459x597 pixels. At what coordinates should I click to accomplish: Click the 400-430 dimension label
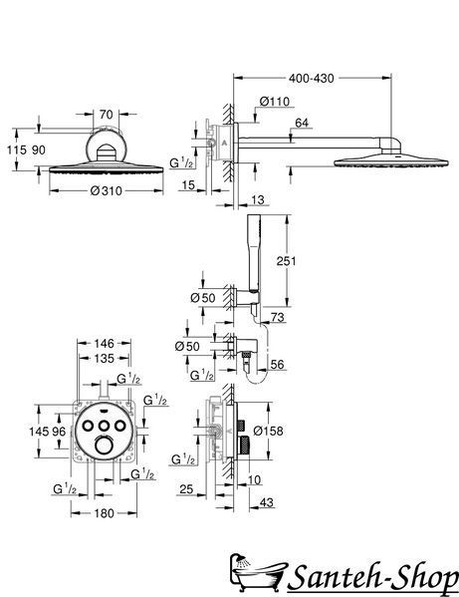click(x=311, y=79)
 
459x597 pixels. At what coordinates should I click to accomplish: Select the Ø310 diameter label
click(x=107, y=190)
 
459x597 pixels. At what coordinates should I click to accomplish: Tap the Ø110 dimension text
click(x=275, y=102)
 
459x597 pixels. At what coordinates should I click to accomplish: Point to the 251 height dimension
click(x=286, y=261)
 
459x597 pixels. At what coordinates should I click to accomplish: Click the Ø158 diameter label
click(x=268, y=431)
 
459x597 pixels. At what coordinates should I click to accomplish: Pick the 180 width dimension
click(x=104, y=513)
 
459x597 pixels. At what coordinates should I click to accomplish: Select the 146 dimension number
click(x=104, y=344)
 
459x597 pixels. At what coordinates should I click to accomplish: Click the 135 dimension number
click(x=104, y=358)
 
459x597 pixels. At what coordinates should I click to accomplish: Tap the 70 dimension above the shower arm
click(x=107, y=114)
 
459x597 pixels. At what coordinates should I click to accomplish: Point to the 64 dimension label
click(x=302, y=123)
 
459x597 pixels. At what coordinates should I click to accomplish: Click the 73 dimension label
click(x=278, y=317)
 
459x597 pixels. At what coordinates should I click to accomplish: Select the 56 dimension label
click(x=277, y=365)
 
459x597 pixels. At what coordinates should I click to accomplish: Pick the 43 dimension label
click(x=267, y=502)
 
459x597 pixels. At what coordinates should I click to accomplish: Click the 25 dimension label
click(x=186, y=488)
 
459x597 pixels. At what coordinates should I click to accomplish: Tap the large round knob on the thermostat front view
click(x=104, y=445)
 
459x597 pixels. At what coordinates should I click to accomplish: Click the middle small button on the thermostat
click(x=104, y=426)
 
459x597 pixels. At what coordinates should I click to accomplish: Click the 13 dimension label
click(x=258, y=200)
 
